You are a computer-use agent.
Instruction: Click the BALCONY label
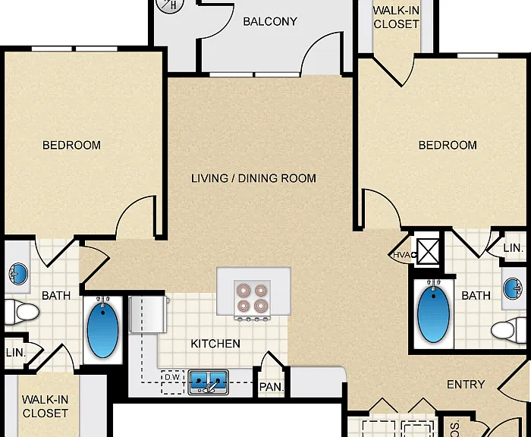click(270, 22)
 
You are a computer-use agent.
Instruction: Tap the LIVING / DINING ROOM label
click(253, 178)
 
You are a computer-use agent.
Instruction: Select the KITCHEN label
click(215, 344)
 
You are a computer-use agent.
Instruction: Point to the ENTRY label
click(466, 385)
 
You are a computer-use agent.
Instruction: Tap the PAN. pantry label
click(272, 387)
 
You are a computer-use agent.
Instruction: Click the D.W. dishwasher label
click(172, 377)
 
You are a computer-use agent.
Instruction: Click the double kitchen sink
click(209, 382)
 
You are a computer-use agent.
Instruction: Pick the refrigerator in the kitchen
click(149, 314)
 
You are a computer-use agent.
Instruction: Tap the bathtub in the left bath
click(102, 329)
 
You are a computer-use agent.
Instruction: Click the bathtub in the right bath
click(433, 313)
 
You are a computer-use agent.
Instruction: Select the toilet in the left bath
click(22, 312)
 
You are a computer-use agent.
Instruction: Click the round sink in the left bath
click(19, 274)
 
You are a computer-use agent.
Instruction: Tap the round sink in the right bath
click(513, 288)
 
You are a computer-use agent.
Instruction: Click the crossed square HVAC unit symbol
click(429, 251)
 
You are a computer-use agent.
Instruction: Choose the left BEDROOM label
click(71, 146)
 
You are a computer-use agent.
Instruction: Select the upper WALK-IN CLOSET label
click(396, 17)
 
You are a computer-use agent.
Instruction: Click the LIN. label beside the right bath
click(513, 248)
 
